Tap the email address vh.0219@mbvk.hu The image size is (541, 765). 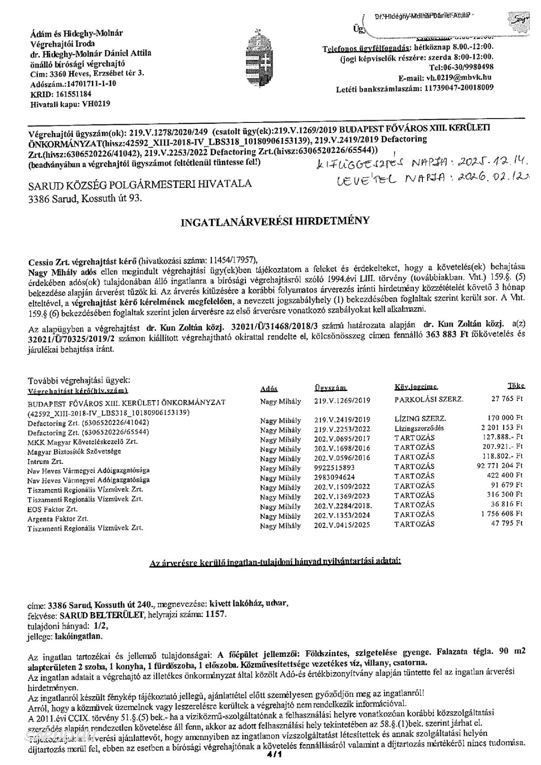click(x=460, y=78)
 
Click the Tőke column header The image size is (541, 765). click(x=516, y=386)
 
